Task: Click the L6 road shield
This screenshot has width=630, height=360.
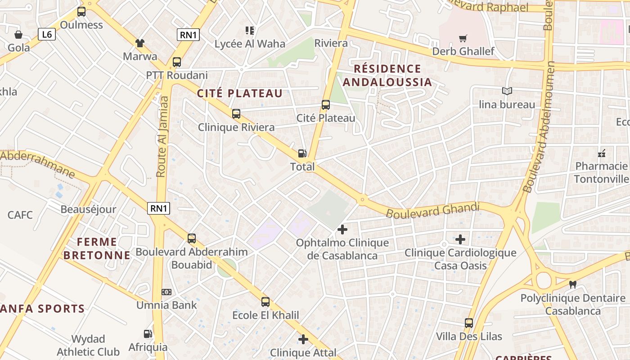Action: coord(46,34)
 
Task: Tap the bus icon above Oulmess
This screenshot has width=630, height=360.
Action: coord(81,12)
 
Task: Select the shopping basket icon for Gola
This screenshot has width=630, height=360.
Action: coord(18,35)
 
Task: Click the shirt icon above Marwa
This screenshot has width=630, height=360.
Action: coord(140,43)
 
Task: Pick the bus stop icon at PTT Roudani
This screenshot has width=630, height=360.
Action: coord(177,62)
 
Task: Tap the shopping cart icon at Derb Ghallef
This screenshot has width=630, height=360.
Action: coord(463,39)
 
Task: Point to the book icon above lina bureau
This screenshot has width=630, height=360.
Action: coord(507,91)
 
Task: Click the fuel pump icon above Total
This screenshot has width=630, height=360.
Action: coord(302,154)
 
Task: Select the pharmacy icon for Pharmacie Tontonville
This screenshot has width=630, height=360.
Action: coord(602,153)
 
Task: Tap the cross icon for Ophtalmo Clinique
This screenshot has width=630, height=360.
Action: coord(342,229)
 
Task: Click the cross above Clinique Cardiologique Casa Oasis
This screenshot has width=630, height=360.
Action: coord(460,239)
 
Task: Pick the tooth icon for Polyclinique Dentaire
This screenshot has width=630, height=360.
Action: coord(573,284)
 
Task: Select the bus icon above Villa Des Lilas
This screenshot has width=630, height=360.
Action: coord(469,323)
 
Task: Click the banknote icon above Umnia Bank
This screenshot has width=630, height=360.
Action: coord(166,292)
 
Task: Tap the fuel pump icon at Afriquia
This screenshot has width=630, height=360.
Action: coord(148,334)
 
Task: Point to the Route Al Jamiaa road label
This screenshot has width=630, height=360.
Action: coord(162,136)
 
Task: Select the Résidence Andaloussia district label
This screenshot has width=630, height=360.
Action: coord(387,76)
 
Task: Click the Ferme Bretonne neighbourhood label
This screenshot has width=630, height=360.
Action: coord(97,249)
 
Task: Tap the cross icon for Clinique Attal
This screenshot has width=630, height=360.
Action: coord(303,339)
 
